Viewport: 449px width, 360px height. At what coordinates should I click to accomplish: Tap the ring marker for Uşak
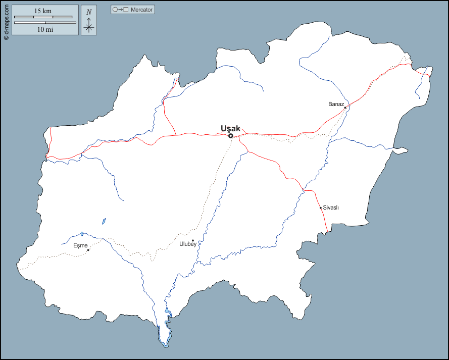click(230, 136)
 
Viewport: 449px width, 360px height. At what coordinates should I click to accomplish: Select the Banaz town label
click(336, 104)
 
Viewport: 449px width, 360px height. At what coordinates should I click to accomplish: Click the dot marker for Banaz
click(345, 108)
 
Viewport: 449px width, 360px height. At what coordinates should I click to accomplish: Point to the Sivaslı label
click(331, 208)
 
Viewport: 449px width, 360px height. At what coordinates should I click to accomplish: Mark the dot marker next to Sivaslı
click(321, 208)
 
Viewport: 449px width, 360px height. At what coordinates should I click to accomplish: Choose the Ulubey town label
click(188, 244)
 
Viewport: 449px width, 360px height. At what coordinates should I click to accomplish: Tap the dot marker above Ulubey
click(193, 240)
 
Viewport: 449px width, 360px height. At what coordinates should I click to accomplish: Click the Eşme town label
click(80, 245)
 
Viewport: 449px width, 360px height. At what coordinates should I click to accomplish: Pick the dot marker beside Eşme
click(88, 250)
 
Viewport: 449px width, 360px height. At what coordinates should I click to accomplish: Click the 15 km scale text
click(45, 11)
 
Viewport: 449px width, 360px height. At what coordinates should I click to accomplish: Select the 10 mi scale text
click(45, 29)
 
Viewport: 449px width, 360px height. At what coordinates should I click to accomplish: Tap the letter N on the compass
click(89, 12)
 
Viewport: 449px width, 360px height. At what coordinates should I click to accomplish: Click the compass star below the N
click(89, 27)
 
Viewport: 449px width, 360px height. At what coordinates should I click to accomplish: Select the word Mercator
click(141, 10)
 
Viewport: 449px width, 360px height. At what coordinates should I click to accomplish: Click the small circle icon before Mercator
click(115, 10)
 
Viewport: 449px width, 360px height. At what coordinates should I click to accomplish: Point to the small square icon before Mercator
click(126, 10)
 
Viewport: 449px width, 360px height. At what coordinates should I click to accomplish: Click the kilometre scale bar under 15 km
click(45, 17)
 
